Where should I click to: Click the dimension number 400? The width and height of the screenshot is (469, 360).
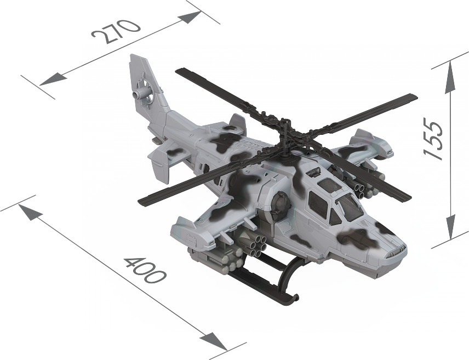(x=145, y=270)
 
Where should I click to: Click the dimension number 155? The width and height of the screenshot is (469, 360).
(x=433, y=138)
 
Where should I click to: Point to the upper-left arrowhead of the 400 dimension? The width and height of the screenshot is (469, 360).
(x=30, y=212)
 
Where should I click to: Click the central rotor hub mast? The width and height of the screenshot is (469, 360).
(x=285, y=135)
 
